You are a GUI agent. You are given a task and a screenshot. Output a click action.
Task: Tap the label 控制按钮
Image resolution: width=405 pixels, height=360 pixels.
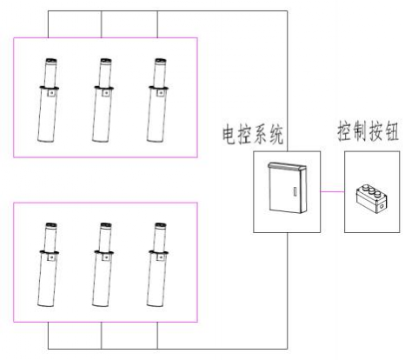(x=371, y=132)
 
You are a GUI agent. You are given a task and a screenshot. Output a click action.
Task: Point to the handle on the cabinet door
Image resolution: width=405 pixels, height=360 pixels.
(x=296, y=191)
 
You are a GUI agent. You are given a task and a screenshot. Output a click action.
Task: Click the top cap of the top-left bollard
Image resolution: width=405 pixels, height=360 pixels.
(x=50, y=61)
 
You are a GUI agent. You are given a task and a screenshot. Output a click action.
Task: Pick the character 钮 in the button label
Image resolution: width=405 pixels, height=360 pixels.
(x=395, y=132)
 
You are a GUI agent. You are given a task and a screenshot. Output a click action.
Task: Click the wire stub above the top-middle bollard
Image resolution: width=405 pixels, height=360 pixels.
(x=103, y=23)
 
